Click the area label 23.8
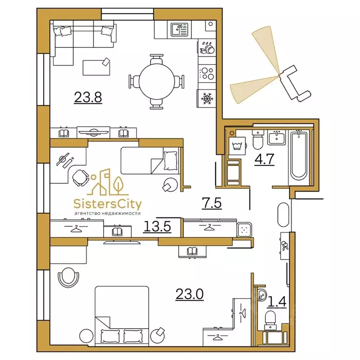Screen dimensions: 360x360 click(88, 97)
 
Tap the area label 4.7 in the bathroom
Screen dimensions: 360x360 click(264, 159)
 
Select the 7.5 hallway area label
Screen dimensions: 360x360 click(212, 203)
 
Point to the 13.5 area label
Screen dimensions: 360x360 click(157, 226)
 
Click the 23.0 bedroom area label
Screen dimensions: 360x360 click(190, 294)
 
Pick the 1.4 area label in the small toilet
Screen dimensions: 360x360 click(277, 302)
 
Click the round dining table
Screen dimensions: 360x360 click(157, 81)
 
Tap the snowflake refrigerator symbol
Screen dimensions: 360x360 click(207, 99)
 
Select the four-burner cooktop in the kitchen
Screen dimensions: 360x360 click(207, 74)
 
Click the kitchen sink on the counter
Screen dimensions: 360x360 click(180, 30)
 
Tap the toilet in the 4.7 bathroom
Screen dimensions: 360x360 click(258, 140)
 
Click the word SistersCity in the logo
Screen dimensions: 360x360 click(107, 204)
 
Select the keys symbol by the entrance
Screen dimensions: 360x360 click(285, 246)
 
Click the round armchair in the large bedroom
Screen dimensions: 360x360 click(68, 277)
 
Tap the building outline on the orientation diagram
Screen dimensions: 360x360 click(295, 83)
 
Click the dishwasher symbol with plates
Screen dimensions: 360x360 click(207, 48)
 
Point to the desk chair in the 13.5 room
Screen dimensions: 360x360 click(81, 178)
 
